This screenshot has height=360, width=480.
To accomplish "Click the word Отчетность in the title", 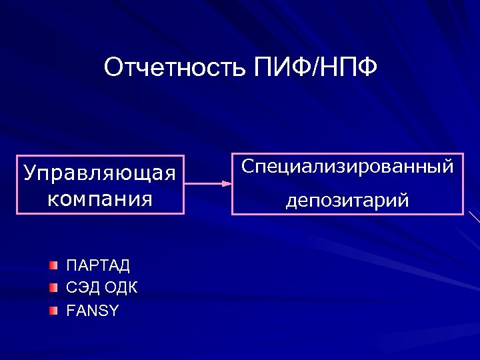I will tap(176, 68).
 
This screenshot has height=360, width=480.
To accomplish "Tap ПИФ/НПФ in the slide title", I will tap(315, 68).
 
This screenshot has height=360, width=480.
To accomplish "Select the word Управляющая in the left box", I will tap(99, 173).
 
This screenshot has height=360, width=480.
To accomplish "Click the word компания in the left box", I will tap(99, 198).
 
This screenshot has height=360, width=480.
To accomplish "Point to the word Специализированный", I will tap(347, 166).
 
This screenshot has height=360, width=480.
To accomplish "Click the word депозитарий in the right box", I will tap(347, 200).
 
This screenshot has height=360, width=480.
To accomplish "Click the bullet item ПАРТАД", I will tap(98, 266).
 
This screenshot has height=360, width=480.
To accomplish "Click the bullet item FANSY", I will tap(93, 311).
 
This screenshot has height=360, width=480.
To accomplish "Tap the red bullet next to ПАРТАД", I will tap(54, 266).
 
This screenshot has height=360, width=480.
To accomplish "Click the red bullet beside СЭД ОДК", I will tap(54, 288).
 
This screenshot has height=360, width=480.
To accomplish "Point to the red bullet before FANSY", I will tap(54, 311).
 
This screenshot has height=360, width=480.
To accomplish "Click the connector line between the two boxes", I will tap(203, 181).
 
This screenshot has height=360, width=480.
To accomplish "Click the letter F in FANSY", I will tap(70, 311).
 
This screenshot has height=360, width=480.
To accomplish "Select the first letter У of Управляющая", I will tap(29, 173).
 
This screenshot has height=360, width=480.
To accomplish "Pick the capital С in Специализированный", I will tap(247, 166).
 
